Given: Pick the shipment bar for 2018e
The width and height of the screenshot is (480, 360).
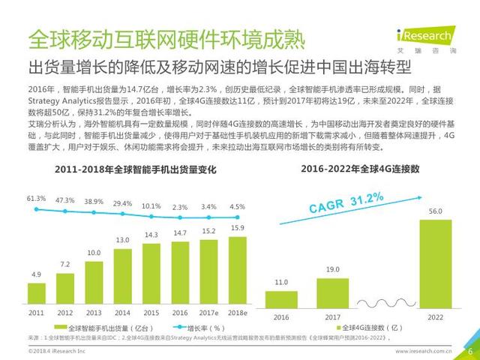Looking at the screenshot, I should [x=237, y=267].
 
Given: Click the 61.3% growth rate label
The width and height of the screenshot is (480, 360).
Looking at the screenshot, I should [x=36, y=199].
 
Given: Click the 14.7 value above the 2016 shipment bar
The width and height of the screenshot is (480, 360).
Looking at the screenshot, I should [x=178, y=233].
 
